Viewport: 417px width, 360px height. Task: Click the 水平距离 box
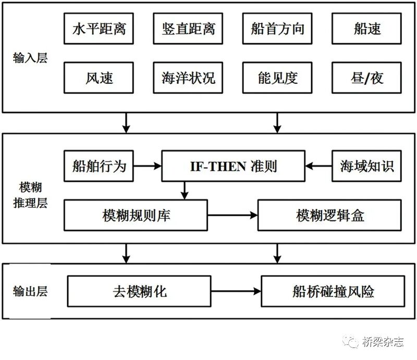pyautogui.click(x=99, y=28)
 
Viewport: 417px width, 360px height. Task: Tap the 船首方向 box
pyautogui.click(x=277, y=28)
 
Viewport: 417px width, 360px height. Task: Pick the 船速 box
pyautogui.click(x=366, y=28)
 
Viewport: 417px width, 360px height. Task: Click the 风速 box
pyautogui.click(x=99, y=78)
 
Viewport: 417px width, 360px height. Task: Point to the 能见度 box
pyautogui.click(x=277, y=78)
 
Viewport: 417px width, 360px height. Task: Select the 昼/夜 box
pyautogui.click(x=366, y=78)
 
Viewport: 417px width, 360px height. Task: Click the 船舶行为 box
pyautogui.click(x=99, y=166)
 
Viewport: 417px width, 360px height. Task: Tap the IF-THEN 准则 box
pyautogui.click(x=232, y=166)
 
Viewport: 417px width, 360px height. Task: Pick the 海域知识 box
pyautogui.click(x=366, y=166)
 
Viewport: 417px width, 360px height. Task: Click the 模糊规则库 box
pyautogui.click(x=136, y=215)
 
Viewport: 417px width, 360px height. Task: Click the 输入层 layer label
pyautogui.click(x=30, y=58)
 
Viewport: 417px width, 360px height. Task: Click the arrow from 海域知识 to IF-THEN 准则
pyautogui.click(x=319, y=166)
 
